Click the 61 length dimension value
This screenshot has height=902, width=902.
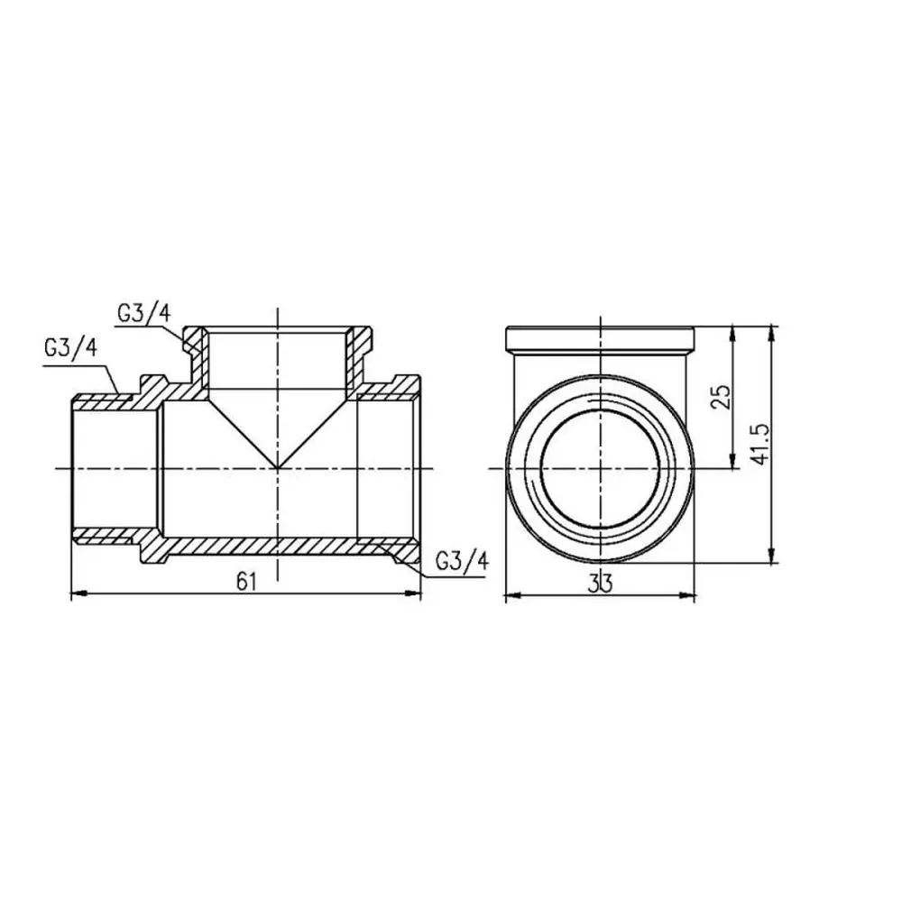pos(245,582)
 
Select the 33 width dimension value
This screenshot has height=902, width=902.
pos(600,584)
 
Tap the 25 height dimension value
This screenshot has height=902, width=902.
pos(720,396)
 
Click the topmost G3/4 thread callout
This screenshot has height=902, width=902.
pos(144,315)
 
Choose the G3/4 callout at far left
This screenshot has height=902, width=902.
pos(70,348)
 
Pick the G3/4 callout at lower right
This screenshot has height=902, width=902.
pos(462,560)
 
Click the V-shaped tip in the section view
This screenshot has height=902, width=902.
pos(278,468)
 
